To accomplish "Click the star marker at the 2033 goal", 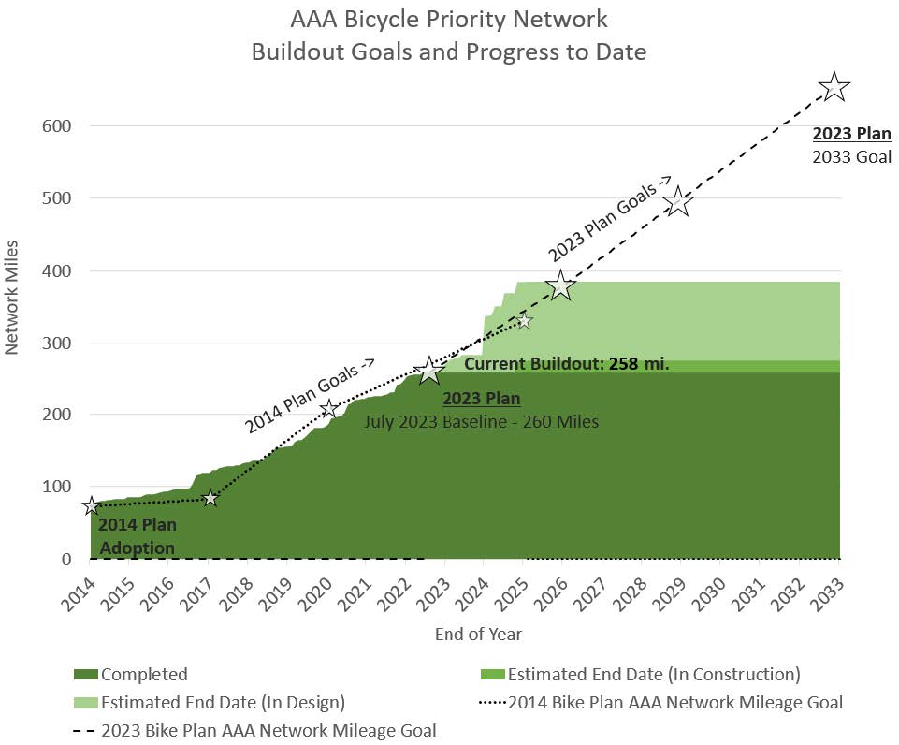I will (x=834, y=88).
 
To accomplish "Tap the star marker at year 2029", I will (x=679, y=202).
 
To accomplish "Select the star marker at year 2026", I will (x=560, y=285).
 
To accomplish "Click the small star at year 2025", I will (x=524, y=321).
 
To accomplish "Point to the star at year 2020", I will (x=328, y=408).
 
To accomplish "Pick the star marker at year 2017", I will (x=210, y=498).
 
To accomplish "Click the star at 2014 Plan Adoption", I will (x=91, y=506).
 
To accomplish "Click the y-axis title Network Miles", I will (x=13, y=307).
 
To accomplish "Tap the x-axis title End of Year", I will (x=478, y=635).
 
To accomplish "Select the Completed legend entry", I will (x=130, y=675).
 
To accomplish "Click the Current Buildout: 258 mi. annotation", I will (x=566, y=364).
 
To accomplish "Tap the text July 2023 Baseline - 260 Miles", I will (x=481, y=422).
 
